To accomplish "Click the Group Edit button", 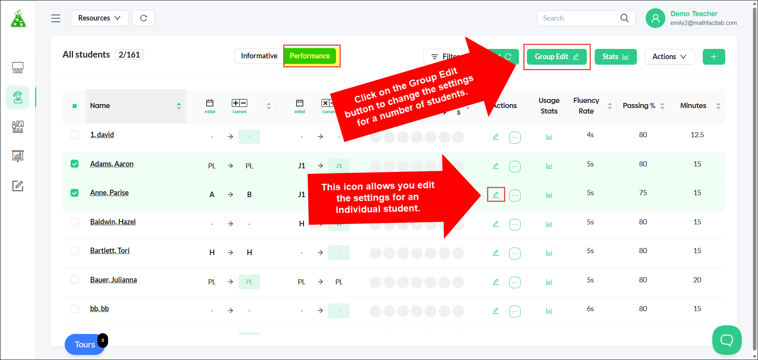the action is [x=556, y=57].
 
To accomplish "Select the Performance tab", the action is [x=310, y=56].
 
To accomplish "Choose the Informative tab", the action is [x=259, y=56].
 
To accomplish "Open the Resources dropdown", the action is [x=99, y=18].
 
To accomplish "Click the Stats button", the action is [x=616, y=57].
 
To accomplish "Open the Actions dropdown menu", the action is [x=670, y=57].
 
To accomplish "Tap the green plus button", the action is [x=714, y=57].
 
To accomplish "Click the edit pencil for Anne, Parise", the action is [x=496, y=194].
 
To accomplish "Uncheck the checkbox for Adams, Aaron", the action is [x=75, y=164].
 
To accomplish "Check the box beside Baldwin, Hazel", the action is [x=75, y=222].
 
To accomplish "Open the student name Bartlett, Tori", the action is [x=110, y=251].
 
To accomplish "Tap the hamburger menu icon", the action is [x=56, y=18].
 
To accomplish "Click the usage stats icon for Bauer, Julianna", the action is [x=549, y=282].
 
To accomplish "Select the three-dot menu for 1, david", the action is [x=515, y=137].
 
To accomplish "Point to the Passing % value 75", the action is [x=643, y=193].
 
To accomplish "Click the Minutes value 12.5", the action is [x=697, y=135].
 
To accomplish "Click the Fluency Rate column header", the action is [x=586, y=106].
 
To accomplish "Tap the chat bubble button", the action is [x=727, y=340].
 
